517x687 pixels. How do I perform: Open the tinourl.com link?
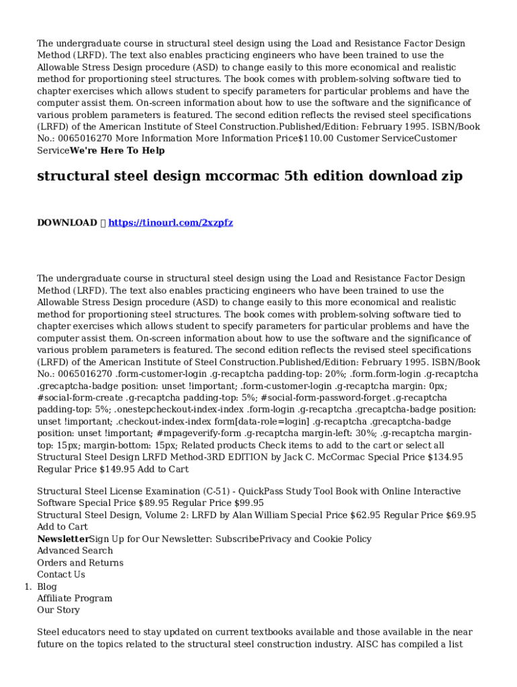tap(171, 223)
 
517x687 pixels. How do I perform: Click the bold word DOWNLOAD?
tap(66, 223)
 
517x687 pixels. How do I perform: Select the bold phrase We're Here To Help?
tap(117, 150)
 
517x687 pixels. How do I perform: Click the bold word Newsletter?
tap(63, 539)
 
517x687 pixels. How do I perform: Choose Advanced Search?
tap(75, 551)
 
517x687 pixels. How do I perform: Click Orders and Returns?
tap(80, 563)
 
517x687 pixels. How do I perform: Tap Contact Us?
tap(61, 574)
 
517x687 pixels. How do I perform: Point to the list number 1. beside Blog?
tap(28, 586)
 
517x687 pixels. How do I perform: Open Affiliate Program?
tap(75, 598)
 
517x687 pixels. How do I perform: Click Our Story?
tap(58, 610)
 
